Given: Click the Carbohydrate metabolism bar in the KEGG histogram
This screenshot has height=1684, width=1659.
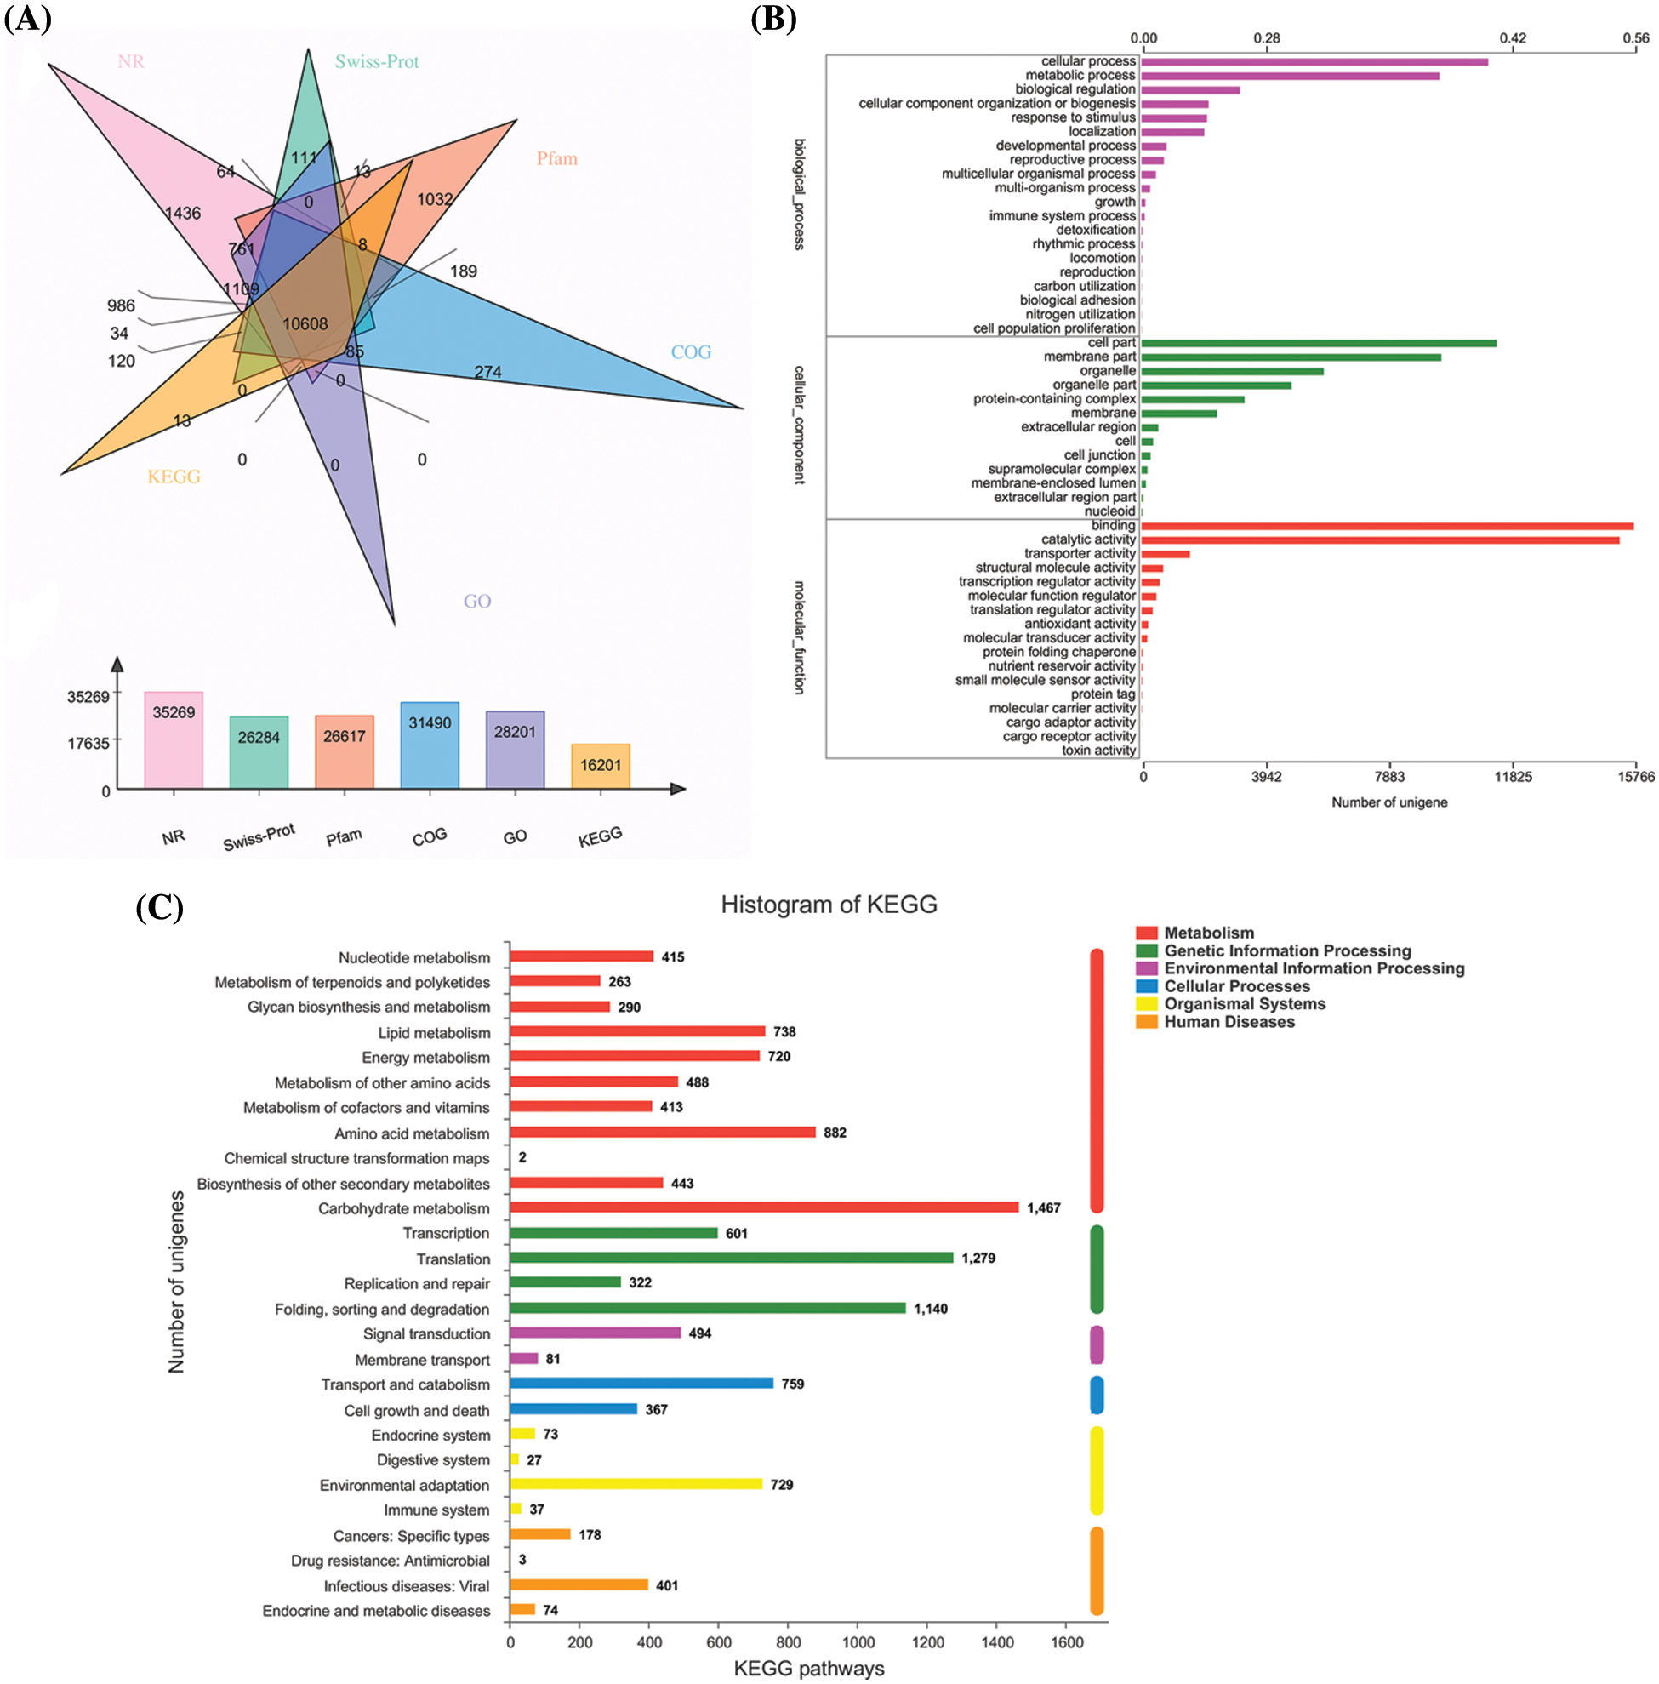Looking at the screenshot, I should pyautogui.click(x=764, y=1208).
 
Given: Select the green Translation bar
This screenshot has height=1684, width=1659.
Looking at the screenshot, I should pyautogui.click(x=731, y=1258).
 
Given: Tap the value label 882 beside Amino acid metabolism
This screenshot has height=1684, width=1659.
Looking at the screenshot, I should pyautogui.click(x=835, y=1133).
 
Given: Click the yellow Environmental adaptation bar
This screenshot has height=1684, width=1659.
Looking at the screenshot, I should pyautogui.click(x=636, y=1484).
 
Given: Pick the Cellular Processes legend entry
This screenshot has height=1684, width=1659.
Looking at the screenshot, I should pyautogui.click(x=1236, y=987).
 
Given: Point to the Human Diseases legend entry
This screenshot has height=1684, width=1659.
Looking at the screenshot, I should pyautogui.click(x=1229, y=1023).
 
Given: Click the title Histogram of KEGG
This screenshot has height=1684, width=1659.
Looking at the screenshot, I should pyautogui.click(x=829, y=905).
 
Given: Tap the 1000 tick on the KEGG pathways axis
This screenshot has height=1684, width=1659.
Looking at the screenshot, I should pyautogui.click(x=858, y=1643).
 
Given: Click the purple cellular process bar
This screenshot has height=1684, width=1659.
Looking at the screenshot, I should pyautogui.click(x=1314, y=62).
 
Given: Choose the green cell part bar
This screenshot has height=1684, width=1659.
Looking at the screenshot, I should pyautogui.click(x=1319, y=344).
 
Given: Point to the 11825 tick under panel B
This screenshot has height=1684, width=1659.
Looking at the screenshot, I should pyautogui.click(x=1513, y=778).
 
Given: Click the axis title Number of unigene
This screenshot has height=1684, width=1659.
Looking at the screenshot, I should pyautogui.click(x=1389, y=802).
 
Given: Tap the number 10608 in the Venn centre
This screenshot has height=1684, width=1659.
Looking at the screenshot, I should pyautogui.click(x=305, y=324).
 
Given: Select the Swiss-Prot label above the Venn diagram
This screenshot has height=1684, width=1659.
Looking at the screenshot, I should pyautogui.click(x=376, y=62).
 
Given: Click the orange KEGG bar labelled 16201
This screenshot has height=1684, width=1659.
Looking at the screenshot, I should pyautogui.click(x=601, y=766).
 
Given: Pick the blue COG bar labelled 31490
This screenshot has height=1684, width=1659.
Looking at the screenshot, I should pyautogui.click(x=430, y=745).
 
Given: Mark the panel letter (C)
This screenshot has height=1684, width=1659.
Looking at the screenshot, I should pyautogui.click(x=159, y=907).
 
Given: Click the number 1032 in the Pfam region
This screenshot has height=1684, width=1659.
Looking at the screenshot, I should pyautogui.click(x=435, y=200).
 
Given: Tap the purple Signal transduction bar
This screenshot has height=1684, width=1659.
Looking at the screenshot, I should pyautogui.click(x=596, y=1333).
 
